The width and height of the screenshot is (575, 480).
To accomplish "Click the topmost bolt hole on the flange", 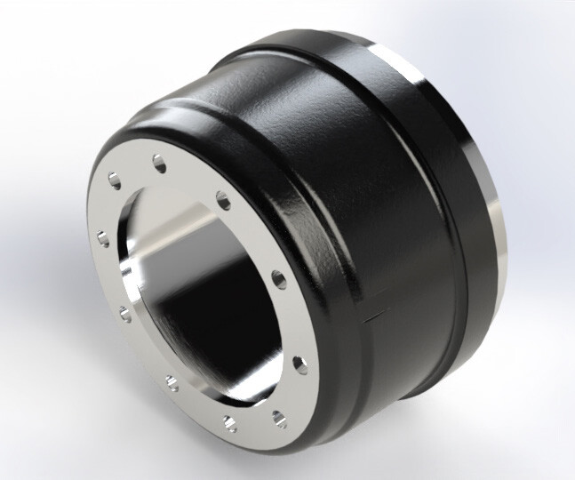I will tap(159, 162).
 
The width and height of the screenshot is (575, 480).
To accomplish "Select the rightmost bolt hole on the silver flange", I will tap(295, 362).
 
